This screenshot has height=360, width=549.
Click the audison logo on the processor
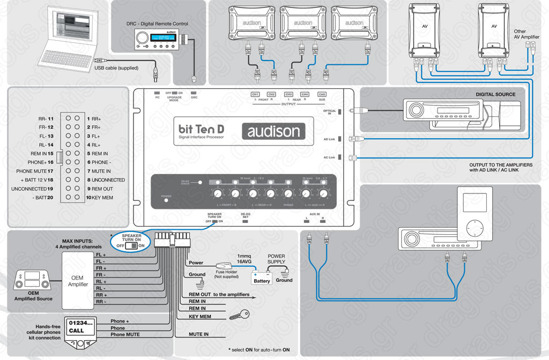[273, 131]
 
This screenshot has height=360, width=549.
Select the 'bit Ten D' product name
[201, 129]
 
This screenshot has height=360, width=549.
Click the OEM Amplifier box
[78, 281]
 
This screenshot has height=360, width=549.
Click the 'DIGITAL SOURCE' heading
[495, 94]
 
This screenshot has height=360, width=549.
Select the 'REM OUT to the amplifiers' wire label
[219, 295]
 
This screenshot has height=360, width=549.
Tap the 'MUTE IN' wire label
[198, 334]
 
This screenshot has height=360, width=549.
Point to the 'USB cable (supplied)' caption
[116, 68]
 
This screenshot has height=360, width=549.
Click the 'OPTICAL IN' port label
[330, 112]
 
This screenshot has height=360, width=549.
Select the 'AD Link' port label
[329, 139]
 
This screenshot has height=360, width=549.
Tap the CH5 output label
[322, 94]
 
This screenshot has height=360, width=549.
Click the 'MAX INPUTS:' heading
[80, 241]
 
